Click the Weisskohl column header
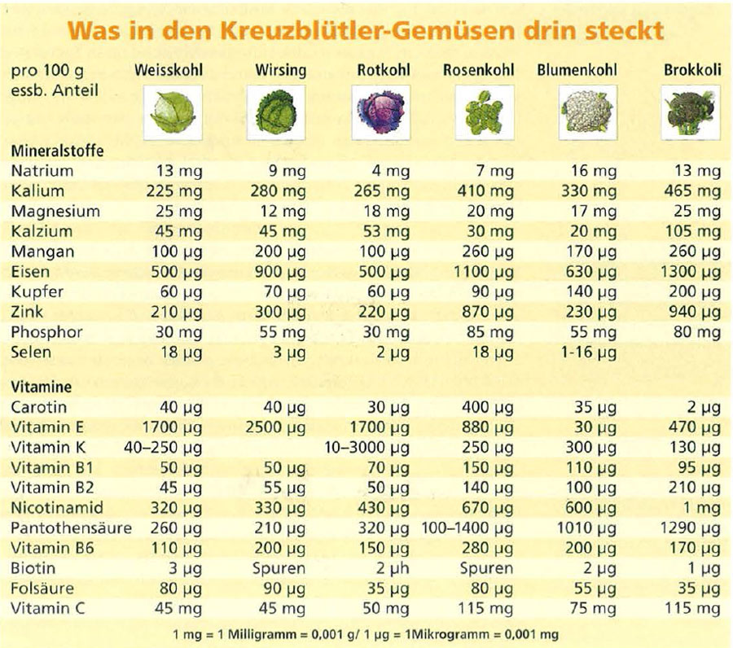168,70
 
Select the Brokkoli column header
692,70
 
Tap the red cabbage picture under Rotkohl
381,113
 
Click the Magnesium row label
55,211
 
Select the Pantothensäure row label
72,528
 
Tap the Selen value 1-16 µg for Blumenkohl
588,352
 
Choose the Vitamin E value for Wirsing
274,427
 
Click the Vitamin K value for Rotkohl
366,447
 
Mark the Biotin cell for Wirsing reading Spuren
279,568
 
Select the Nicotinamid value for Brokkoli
699,508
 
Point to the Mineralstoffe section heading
57,151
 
